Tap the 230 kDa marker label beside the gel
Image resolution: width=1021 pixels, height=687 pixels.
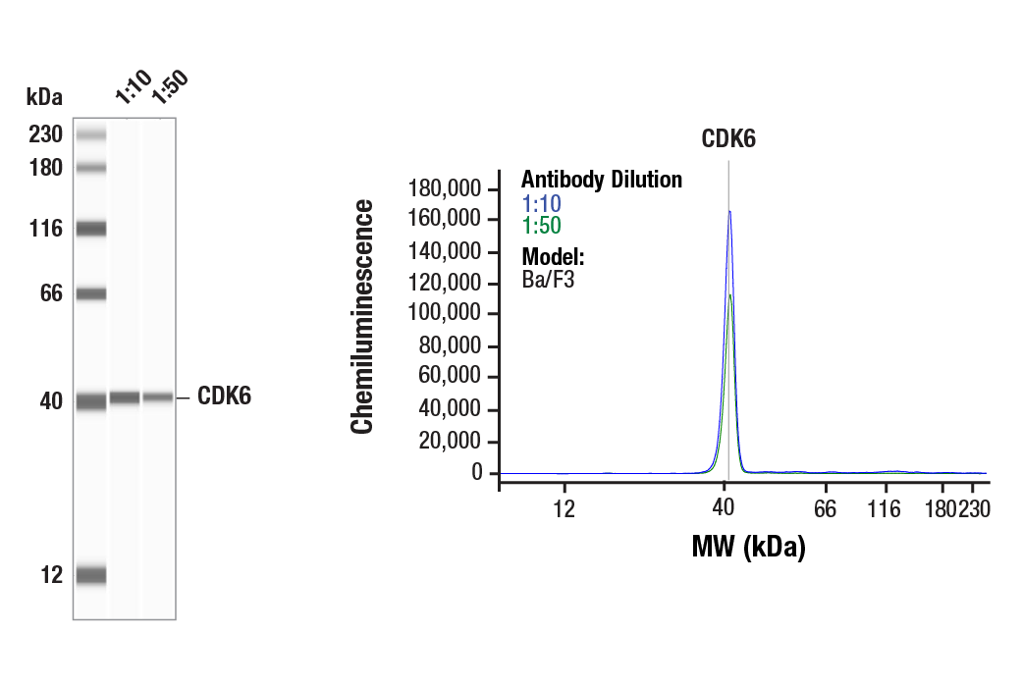click(x=46, y=134)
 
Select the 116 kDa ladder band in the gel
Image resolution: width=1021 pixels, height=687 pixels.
click(x=91, y=229)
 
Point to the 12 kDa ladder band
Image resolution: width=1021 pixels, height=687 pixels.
click(x=91, y=575)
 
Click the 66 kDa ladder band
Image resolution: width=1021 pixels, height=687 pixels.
click(x=91, y=293)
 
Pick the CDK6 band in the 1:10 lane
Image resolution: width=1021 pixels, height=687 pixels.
click(x=125, y=397)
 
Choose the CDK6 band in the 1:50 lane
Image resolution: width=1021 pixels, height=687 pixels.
click(x=158, y=397)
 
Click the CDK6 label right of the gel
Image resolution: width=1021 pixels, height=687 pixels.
click(x=224, y=396)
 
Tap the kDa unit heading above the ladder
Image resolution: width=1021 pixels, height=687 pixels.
click(x=44, y=96)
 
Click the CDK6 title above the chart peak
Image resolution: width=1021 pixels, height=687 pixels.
click(x=728, y=139)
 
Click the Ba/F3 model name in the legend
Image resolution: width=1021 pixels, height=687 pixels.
click(x=548, y=279)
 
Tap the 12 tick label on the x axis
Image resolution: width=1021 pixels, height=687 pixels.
click(x=564, y=508)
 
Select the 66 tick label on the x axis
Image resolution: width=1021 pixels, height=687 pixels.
click(x=826, y=508)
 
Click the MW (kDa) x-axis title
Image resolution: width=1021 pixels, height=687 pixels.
click(x=748, y=547)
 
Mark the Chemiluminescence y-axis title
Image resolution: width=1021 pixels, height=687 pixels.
click(x=363, y=316)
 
